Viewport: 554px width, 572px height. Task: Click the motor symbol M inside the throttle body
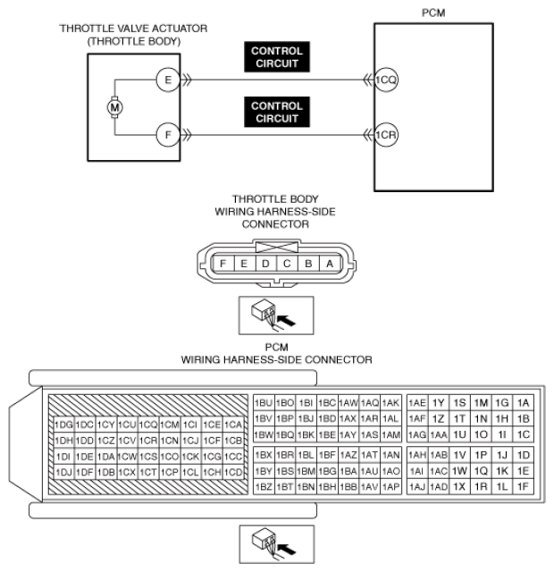tap(113, 108)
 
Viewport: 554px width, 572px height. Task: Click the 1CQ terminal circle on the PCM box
tap(386, 80)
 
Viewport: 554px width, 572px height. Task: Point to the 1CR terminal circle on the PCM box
tap(386, 136)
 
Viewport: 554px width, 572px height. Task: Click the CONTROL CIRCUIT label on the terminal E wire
tap(277, 57)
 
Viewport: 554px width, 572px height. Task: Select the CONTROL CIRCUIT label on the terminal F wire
tap(277, 113)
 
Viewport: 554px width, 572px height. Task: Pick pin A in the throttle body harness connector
tap(330, 264)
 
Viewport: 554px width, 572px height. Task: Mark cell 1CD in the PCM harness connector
tap(234, 472)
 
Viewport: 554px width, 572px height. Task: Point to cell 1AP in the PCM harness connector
tap(390, 487)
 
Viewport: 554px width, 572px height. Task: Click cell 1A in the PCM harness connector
tap(524, 403)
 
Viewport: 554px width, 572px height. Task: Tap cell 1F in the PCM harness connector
tap(524, 487)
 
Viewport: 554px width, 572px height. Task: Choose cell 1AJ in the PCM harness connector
tap(416, 487)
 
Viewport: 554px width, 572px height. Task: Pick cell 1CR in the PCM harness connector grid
tap(148, 441)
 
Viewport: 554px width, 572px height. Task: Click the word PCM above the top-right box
tap(432, 14)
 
